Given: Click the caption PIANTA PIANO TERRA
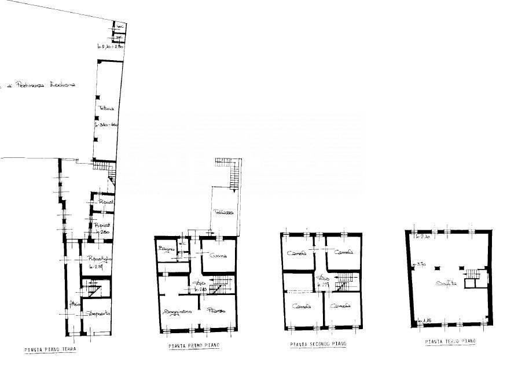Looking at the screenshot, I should [51, 349].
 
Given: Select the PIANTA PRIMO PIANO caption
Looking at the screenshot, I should [193, 346].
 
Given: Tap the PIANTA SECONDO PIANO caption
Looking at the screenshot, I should [318, 345].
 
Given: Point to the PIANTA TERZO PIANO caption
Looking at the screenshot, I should [450, 342].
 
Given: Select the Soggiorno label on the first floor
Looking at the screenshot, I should [177, 312].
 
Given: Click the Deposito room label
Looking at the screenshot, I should [98, 314].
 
